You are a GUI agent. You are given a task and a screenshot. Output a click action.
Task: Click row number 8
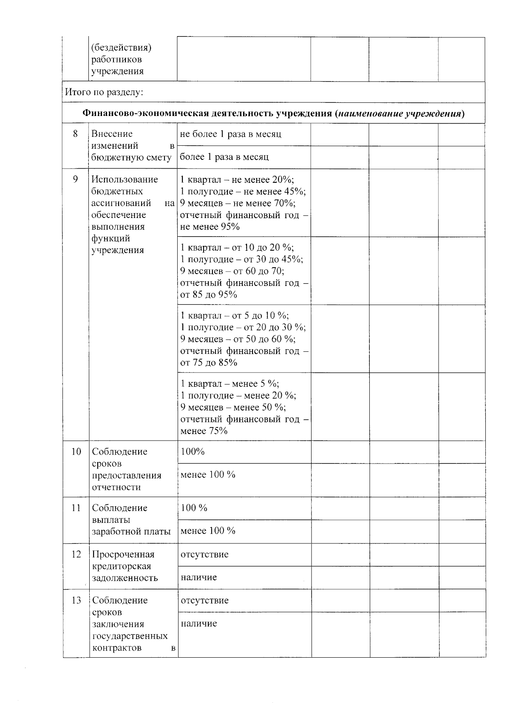coord(75,134)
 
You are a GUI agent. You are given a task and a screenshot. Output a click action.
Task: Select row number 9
coord(75,179)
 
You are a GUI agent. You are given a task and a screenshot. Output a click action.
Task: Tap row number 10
coord(76,452)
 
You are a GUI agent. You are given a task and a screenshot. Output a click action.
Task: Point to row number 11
coord(76,508)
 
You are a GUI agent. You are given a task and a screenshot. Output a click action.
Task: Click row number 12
coord(76,554)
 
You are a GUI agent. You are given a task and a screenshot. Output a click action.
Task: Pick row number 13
coord(76,600)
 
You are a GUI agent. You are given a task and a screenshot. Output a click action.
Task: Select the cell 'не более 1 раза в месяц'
coord(230,134)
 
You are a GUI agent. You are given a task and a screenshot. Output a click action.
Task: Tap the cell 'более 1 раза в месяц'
coord(224,157)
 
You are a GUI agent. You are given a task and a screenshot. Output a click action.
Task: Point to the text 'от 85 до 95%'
coord(208,294)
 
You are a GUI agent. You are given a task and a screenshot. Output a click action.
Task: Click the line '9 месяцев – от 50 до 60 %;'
coord(238,339)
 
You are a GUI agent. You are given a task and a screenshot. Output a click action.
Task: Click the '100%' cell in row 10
coord(193,452)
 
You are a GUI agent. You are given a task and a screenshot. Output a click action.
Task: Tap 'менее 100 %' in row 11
coord(208,531)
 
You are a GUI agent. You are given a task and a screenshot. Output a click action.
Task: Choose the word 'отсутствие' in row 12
coord(204,554)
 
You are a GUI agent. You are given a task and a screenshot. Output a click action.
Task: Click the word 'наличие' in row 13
coord(198,623)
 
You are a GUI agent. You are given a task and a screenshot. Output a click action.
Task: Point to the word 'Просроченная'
coord(123,554)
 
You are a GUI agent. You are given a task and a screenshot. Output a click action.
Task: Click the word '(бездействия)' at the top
coord(121,47)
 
